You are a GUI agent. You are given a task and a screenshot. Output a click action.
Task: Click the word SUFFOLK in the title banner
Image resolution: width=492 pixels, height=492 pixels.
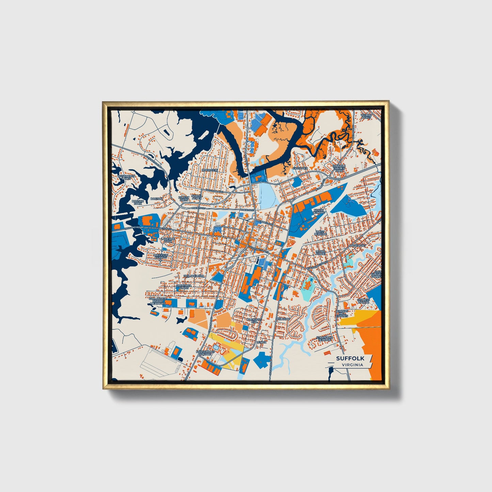pos(350,359)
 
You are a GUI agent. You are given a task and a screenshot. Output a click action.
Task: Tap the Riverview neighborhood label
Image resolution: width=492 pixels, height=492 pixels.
pos(209,170)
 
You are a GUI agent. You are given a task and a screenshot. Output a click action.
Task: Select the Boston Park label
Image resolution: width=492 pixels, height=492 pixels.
pos(138,202)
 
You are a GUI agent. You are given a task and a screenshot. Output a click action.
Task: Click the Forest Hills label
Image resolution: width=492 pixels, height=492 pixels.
pos(184,199)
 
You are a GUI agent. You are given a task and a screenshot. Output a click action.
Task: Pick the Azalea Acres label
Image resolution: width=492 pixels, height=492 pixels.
pos(196,197)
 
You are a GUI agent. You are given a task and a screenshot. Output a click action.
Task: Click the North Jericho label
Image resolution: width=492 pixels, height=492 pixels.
pos(319,212)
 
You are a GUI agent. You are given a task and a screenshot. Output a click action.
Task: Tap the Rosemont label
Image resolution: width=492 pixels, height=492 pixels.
pos(358,245)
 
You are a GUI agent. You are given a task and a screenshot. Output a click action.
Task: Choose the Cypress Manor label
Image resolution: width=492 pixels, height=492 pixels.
pos(363,301)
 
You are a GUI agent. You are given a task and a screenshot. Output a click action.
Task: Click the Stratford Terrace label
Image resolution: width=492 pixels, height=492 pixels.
pos(323,339)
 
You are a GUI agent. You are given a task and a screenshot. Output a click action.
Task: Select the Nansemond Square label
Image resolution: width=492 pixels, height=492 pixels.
pos(205,353)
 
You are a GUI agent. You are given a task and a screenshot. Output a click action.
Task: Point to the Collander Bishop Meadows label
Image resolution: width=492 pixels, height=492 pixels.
pos(158,301)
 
